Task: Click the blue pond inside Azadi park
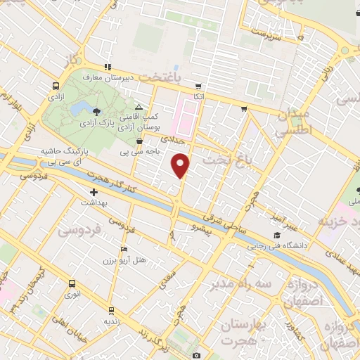pyautogui.click(x=79, y=109)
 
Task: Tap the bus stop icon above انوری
pyautogui.click(x=72, y=283)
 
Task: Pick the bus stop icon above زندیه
pyautogui.click(x=110, y=309)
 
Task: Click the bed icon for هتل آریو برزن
pyautogui.click(x=124, y=248)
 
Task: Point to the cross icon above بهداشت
pyautogui.click(x=94, y=191)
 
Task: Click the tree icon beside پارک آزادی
pyautogui.click(x=96, y=112)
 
